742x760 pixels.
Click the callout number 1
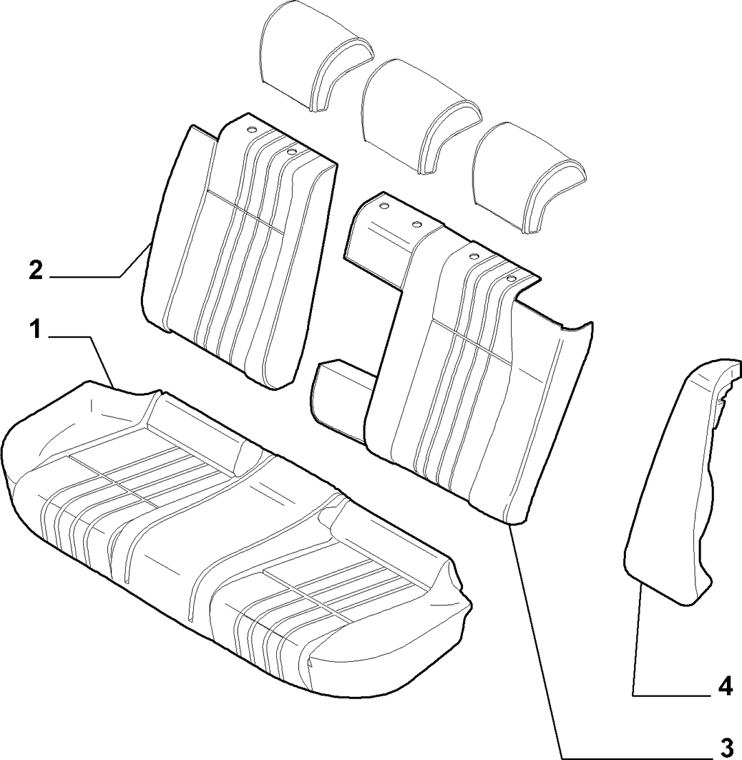pyautogui.click(x=35, y=331)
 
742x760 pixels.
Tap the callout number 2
pyautogui.click(x=35, y=271)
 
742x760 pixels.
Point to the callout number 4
pyautogui.click(x=726, y=688)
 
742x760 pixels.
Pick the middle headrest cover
pyautogui.click(x=420, y=118)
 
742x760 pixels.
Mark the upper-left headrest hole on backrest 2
pyautogui.click(x=251, y=129)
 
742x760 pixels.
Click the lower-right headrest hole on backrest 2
pyautogui.click(x=291, y=152)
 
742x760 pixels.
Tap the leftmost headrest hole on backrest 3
pyautogui.click(x=383, y=206)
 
